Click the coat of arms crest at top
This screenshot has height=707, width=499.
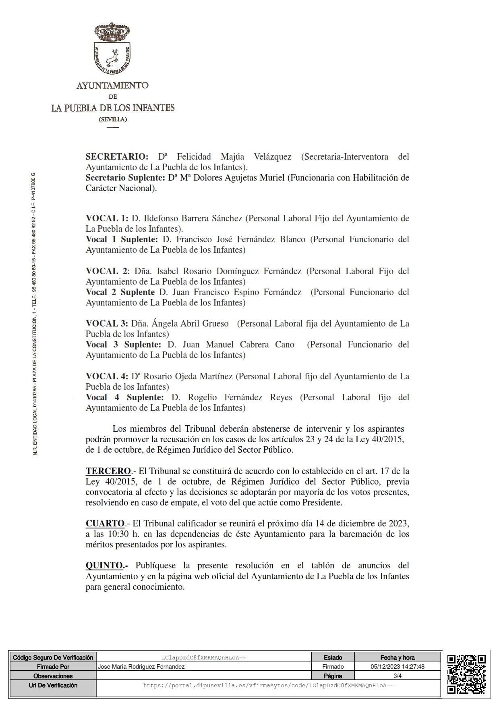(112, 49)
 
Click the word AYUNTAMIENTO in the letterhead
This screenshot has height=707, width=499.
(112, 85)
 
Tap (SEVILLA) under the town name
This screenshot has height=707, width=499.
(113, 119)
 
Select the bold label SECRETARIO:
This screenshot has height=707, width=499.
(117, 157)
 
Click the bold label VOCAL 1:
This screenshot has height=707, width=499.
(107, 218)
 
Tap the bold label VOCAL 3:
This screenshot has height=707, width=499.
(107, 324)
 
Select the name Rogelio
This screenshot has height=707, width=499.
(203, 397)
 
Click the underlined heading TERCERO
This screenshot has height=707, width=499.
(108, 471)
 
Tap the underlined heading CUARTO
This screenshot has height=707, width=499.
(105, 524)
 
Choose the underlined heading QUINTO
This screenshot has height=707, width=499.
(104, 566)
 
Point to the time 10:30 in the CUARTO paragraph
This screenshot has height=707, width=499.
(118, 534)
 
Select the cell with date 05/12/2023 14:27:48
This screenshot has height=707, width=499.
(397, 667)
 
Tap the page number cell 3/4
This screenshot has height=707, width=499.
(397, 676)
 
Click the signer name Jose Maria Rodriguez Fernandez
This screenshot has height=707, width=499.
(141, 667)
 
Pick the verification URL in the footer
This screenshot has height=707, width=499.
(268, 685)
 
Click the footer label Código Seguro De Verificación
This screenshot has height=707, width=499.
(53, 657)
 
